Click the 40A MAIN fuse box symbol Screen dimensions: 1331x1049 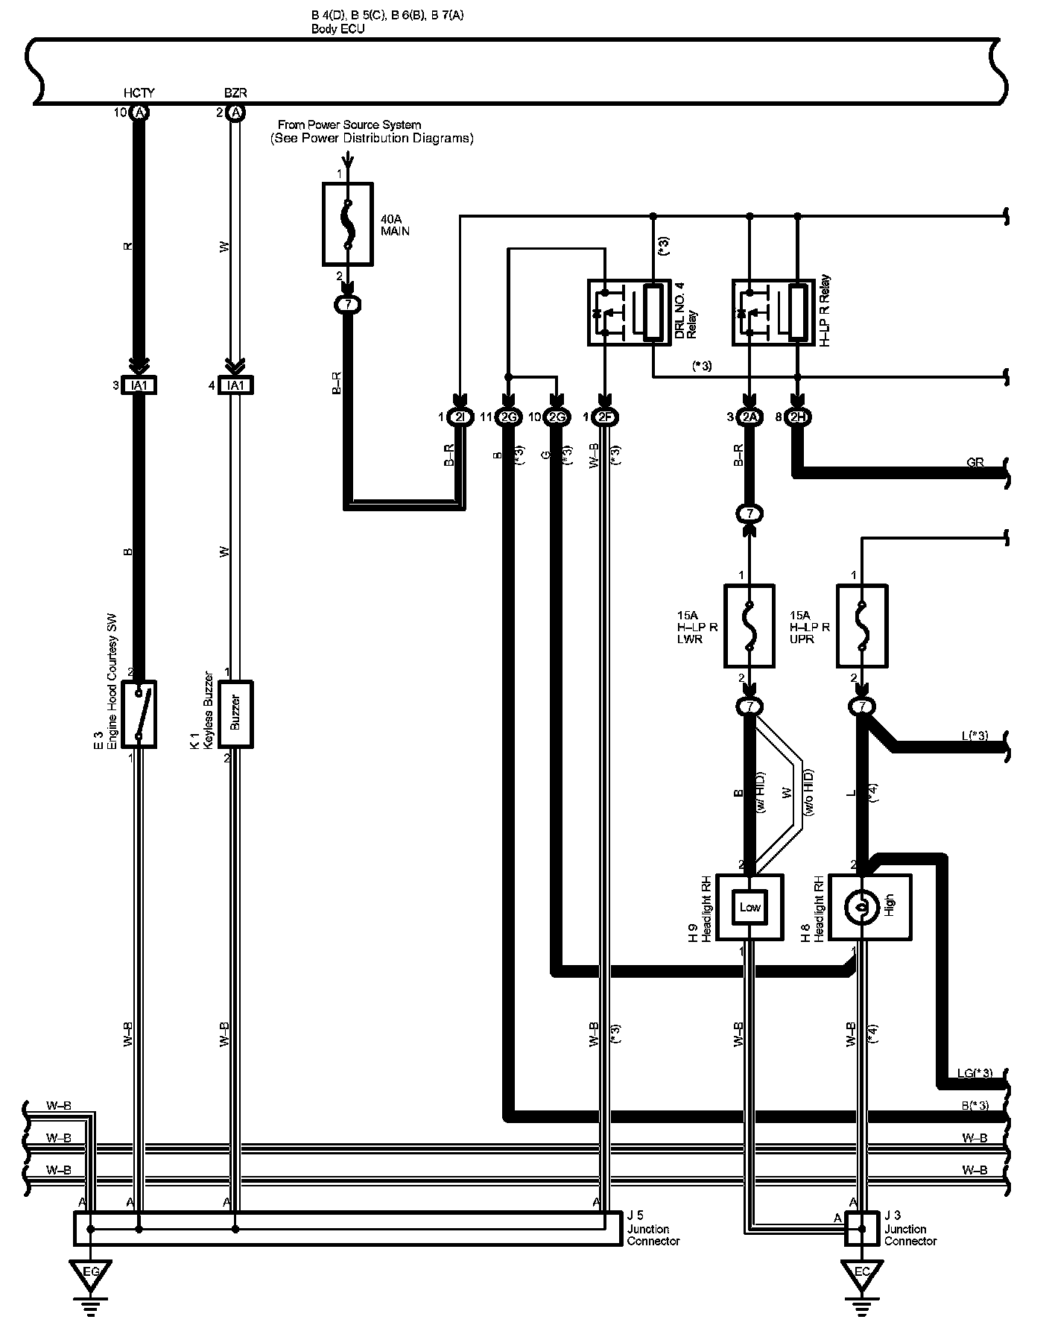347,224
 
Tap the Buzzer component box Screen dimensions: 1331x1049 235,714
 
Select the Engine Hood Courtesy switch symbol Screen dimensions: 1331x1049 139,714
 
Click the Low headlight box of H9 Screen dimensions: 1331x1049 749,907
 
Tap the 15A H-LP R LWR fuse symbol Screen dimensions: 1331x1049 749,626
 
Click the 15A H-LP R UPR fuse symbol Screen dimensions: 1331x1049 862,626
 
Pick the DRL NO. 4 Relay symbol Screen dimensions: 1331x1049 627,312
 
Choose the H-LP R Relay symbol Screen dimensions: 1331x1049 772,312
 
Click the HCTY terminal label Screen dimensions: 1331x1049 139,93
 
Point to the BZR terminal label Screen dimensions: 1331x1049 235,93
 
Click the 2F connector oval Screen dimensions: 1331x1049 605,417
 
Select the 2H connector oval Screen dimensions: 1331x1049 798,417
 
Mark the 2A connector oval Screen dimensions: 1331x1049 749,417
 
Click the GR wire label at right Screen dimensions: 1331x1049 975,463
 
